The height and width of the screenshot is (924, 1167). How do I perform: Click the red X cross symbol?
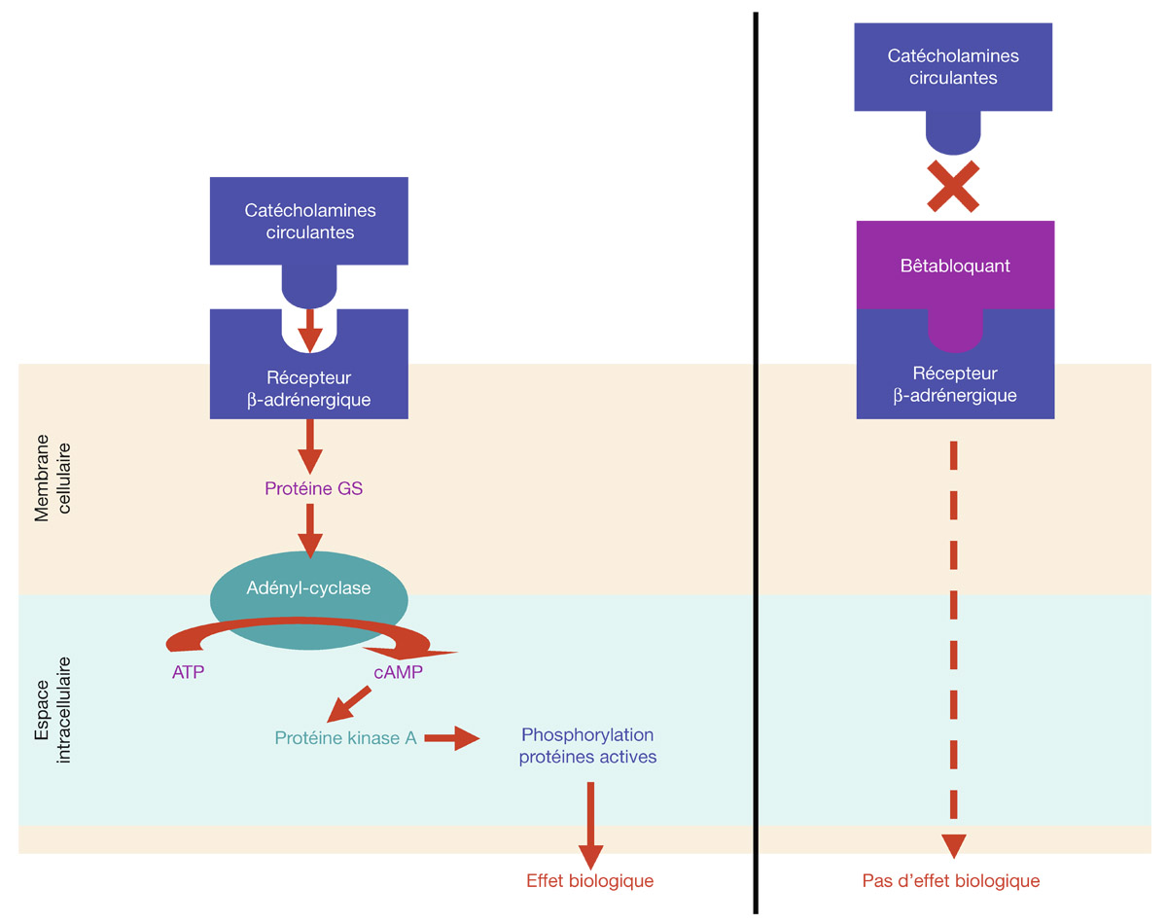click(953, 187)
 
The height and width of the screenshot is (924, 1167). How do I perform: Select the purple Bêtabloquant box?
click(954, 266)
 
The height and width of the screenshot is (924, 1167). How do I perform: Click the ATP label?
click(188, 672)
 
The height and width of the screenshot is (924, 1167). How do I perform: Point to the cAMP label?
click(398, 672)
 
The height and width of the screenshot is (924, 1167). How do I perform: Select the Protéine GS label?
click(313, 488)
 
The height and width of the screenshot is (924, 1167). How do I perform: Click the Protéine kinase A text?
click(345, 738)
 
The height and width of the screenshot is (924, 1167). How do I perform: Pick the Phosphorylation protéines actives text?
click(587, 746)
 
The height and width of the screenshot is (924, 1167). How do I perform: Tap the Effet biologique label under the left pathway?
click(589, 881)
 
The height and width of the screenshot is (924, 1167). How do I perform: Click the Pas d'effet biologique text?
click(950, 881)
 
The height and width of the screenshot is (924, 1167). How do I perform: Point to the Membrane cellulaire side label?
click(53, 478)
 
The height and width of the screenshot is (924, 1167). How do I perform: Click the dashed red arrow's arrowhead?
click(954, 845)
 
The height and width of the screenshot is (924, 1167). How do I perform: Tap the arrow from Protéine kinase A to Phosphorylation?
click(452, 739)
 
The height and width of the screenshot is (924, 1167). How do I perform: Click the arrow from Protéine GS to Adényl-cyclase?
click(310, 531)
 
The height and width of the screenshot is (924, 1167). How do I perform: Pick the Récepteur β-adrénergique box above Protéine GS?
click(309, 384)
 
